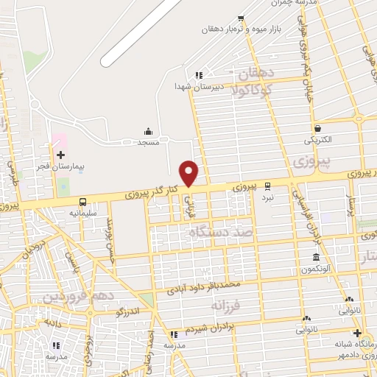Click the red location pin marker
pyautogui.click(x=189, y=172)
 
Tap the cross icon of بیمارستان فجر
pyautogui.click(x=60, y=155)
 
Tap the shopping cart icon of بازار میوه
pyautogui.click(x=239, y=19)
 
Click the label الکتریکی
pyautogui.click(x=317, y=139)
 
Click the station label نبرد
pyautogui.click(x=268, y=197)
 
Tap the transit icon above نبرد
pyautogui.click(x=268, y=186)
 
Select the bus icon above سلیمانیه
pyautogui.click(x=82, y=201)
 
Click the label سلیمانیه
pyautogui.click(x=82, y=212)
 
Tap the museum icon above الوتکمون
pyautogui.click(x=316, y=258)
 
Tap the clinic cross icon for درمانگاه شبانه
pyautogui.click(x=356, y=333)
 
